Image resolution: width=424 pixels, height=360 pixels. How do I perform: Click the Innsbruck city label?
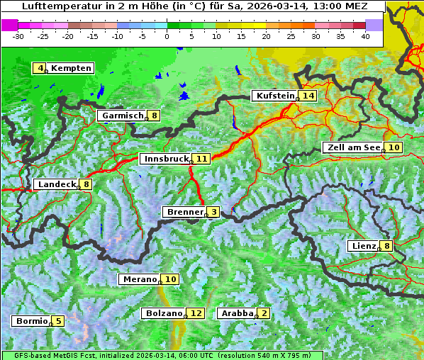coord(165,159)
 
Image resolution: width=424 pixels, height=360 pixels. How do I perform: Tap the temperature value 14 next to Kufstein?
coord(307,96)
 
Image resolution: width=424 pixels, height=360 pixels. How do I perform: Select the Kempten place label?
coord(71,68)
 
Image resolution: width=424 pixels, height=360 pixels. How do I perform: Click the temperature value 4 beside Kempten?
coord(40,68)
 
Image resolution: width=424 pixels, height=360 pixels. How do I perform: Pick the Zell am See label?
coord(352,147)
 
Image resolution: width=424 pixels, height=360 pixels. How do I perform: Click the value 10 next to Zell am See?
coord(394,147)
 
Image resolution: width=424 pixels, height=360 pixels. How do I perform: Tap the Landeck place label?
coord(56,184)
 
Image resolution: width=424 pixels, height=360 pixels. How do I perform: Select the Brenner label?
coord(184,212)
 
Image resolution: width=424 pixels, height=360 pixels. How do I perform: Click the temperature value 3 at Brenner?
coord(213,212)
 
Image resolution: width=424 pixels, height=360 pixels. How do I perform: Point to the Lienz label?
coord(363,246)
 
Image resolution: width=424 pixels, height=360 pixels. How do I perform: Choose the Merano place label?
coord(139,279)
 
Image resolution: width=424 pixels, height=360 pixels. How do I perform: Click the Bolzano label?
coord(164,313)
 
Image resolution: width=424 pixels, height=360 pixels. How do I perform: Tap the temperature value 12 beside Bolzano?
coord(196,313)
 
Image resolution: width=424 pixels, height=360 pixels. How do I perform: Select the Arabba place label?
coord(237,313)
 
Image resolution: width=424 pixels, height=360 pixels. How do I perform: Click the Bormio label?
coord(32,321)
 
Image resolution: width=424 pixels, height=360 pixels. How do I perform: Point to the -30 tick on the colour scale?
coord(19,35)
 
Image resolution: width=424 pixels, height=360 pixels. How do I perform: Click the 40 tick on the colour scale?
coord(365,35)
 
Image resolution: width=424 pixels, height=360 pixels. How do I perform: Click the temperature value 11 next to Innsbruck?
coord(202,159)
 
